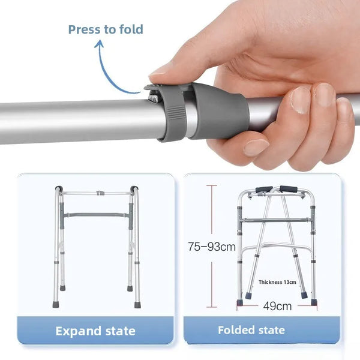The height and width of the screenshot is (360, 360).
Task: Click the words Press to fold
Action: click(x=106, y=29)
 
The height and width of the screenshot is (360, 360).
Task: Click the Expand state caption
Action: click(x=95, y=331)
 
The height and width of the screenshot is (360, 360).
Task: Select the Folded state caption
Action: click(x=251, y=330)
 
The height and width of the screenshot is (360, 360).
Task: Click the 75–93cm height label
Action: click(x=211, y=247)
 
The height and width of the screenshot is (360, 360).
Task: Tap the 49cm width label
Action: click(x=277, y=305)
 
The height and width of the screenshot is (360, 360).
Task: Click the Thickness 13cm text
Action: click(x=278, y=281)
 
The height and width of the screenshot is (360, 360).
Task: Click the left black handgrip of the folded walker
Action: click(x=264, y=190)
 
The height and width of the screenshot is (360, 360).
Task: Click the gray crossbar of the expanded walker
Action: click(x=97, y=214)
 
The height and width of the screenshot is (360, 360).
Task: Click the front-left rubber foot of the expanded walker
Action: click(x=56, y=305)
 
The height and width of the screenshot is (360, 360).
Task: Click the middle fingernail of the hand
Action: click(x=299, y=98)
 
